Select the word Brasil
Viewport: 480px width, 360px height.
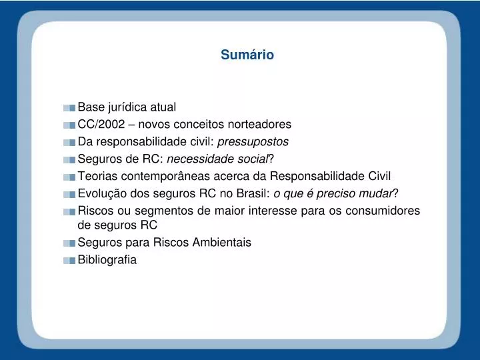pos(252,193)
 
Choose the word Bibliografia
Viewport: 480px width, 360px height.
pos(107,260)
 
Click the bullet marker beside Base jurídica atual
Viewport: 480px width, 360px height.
pos(70,107)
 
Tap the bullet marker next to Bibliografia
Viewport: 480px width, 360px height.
pos(70,261)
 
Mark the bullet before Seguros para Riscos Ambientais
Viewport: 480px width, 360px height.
pos(70,243)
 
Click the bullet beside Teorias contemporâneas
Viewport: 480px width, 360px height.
pos(70,177)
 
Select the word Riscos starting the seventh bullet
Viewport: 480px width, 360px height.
pos(95,211)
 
